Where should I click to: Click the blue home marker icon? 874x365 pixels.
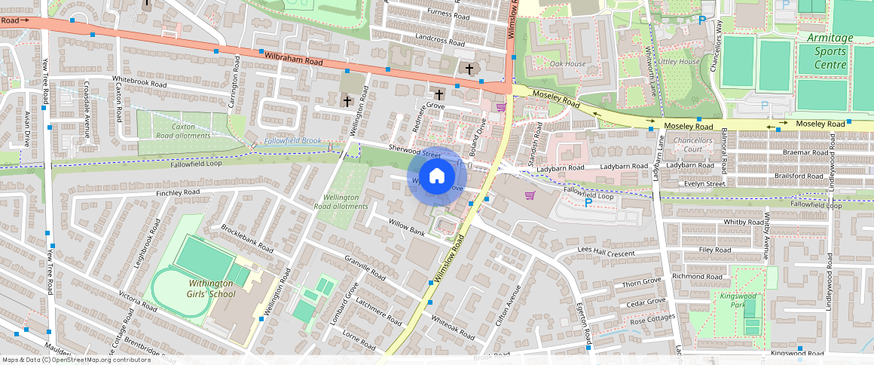coord(436,176)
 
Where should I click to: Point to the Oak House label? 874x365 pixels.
coord(567,64)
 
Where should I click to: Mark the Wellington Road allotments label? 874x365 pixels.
coord(341,201)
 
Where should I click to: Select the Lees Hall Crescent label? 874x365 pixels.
coord(607,252)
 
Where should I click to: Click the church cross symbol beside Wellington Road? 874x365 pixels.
coord(347,100)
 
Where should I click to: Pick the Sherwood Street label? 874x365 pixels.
coord(414,152)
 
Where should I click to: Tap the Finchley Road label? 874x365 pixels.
coord(178,193)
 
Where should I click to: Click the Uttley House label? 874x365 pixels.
coord(679,62)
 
